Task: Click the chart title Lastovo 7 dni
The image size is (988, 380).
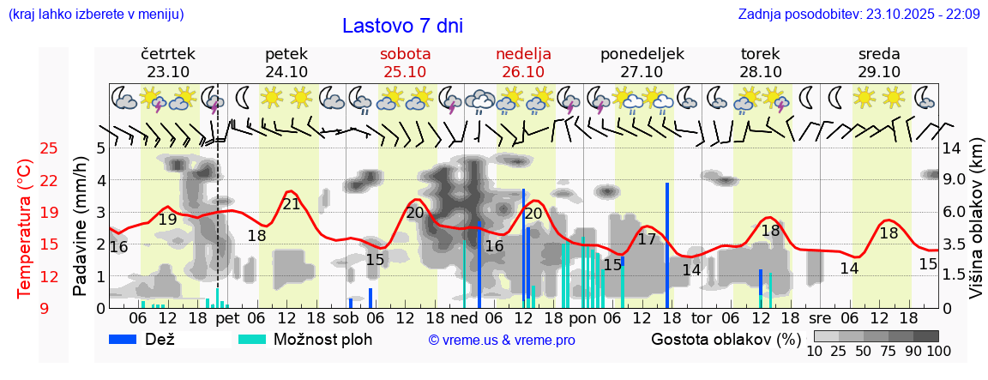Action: pos(402,26)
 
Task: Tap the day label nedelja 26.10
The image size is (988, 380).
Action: pos(523,63)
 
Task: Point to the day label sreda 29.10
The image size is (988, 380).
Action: pos(879,63)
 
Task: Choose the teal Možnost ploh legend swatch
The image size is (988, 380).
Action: pos(252,339)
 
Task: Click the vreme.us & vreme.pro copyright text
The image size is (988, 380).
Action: pos(502,341)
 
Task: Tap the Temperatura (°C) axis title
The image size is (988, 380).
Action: pos(25,227)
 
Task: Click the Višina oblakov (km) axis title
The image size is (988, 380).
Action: pos(976,227)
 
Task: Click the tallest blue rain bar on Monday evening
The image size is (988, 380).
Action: pos(667,244)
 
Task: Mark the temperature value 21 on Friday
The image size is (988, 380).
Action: pos(292,204)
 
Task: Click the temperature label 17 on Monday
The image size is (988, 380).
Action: pos(647,239)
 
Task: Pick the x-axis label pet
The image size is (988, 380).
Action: pos(227,317)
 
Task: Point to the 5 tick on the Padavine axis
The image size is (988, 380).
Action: pos(100,148)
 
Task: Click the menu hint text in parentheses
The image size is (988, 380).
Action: pos(95,14)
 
